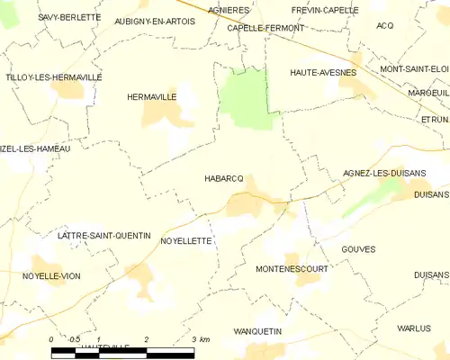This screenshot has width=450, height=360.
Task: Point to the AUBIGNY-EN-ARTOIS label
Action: coord(155,20)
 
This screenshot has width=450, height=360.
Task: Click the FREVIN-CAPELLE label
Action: coord(325,10)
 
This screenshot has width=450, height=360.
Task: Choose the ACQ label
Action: coord(386,25)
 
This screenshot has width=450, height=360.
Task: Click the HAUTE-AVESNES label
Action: coord(323,71)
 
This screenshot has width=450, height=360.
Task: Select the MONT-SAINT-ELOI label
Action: coord(414,68)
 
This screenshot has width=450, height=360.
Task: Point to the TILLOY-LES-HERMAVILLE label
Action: coord(53,77)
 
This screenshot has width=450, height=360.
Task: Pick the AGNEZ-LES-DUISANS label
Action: coord(384,173)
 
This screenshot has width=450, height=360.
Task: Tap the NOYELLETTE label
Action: coord(185,241)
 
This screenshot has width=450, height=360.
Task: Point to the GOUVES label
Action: coord(358,248)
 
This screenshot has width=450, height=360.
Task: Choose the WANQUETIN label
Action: coord(257,331)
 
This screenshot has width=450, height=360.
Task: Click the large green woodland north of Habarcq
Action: coord(245,99)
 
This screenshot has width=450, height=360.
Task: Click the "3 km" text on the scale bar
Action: coord(201,339)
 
